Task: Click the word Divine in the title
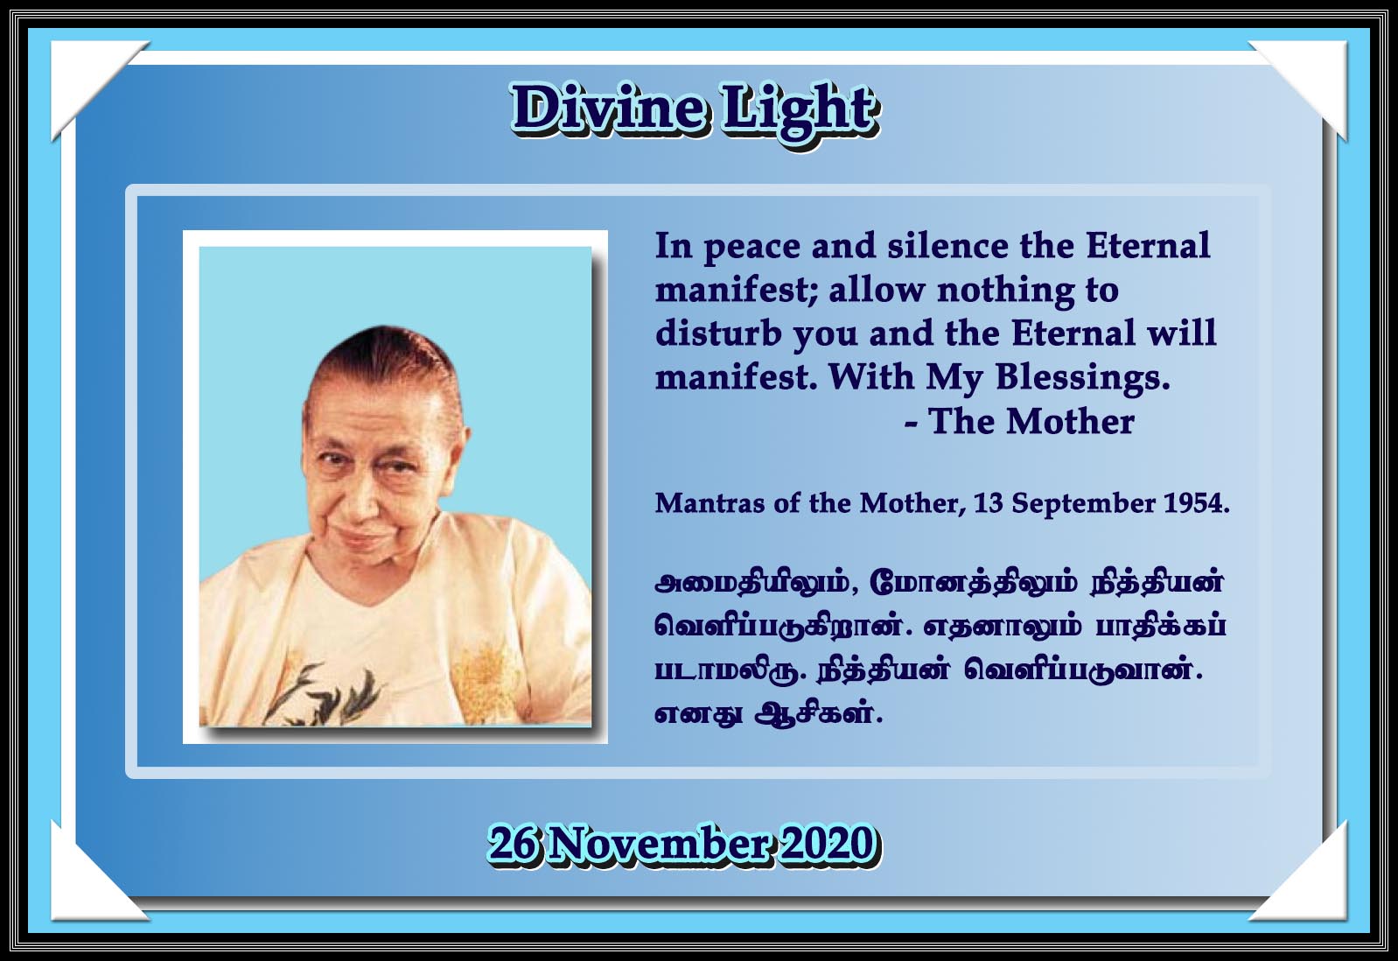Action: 610,110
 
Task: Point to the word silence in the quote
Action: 948,245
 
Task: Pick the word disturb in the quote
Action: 718,333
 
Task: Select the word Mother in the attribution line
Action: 1071,422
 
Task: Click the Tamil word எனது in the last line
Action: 698,714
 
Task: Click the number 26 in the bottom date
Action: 515,844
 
